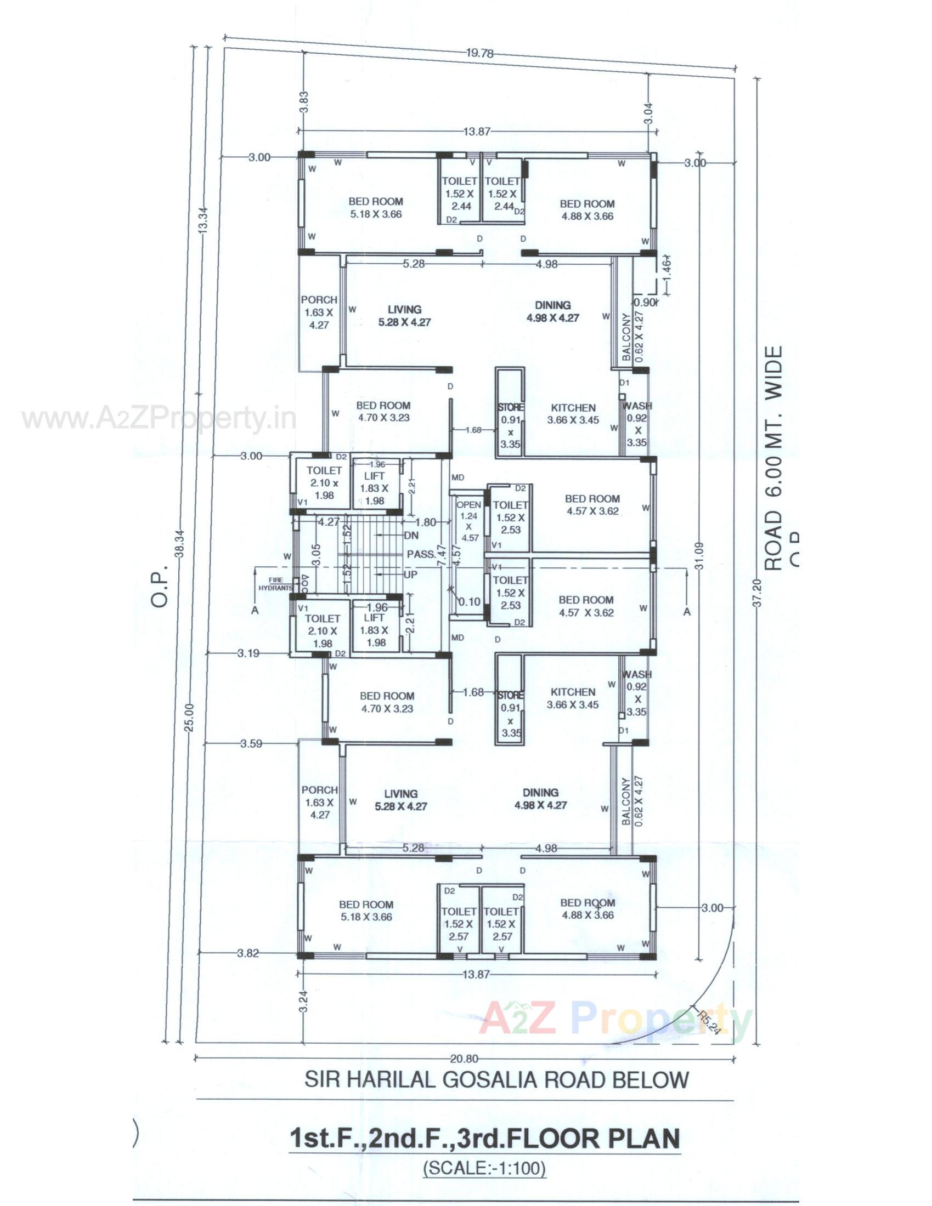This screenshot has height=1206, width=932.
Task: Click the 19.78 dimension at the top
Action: click(479, 54)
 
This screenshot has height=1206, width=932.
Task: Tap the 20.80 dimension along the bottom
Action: click(464, 1059)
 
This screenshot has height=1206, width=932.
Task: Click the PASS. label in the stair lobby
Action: click(421, 554)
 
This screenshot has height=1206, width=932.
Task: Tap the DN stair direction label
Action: click(411, 536)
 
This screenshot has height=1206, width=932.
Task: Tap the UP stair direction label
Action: click(410, 575)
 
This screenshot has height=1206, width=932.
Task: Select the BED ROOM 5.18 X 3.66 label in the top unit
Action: click(376, 208)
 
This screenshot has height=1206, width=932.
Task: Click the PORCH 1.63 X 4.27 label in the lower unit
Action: click(320, 802)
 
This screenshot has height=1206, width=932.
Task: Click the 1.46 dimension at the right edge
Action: click(667, 268)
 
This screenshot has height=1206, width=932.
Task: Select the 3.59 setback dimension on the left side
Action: click(251, 744)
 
